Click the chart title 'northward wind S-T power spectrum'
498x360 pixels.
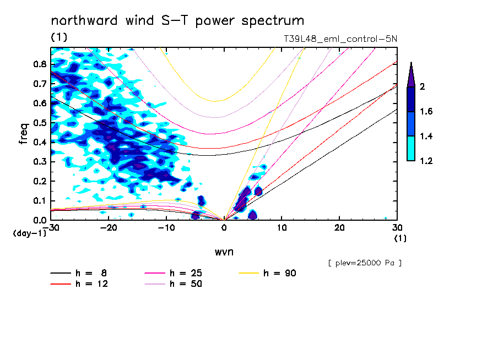(x=177, y=21)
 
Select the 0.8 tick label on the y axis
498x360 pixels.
(x=39, y=64)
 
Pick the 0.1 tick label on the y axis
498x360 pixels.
(x=39, y=201)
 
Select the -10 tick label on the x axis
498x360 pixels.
(x=166, y=227)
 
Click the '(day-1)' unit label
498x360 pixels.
(x=30, y=233)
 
